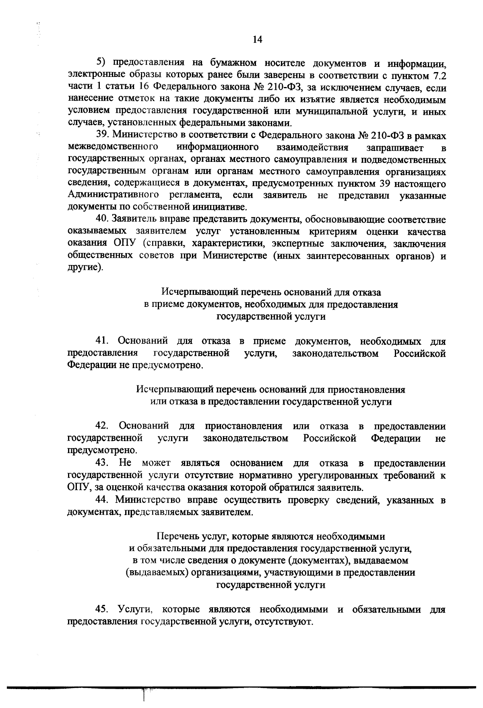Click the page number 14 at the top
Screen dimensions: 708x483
pos(258,39)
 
